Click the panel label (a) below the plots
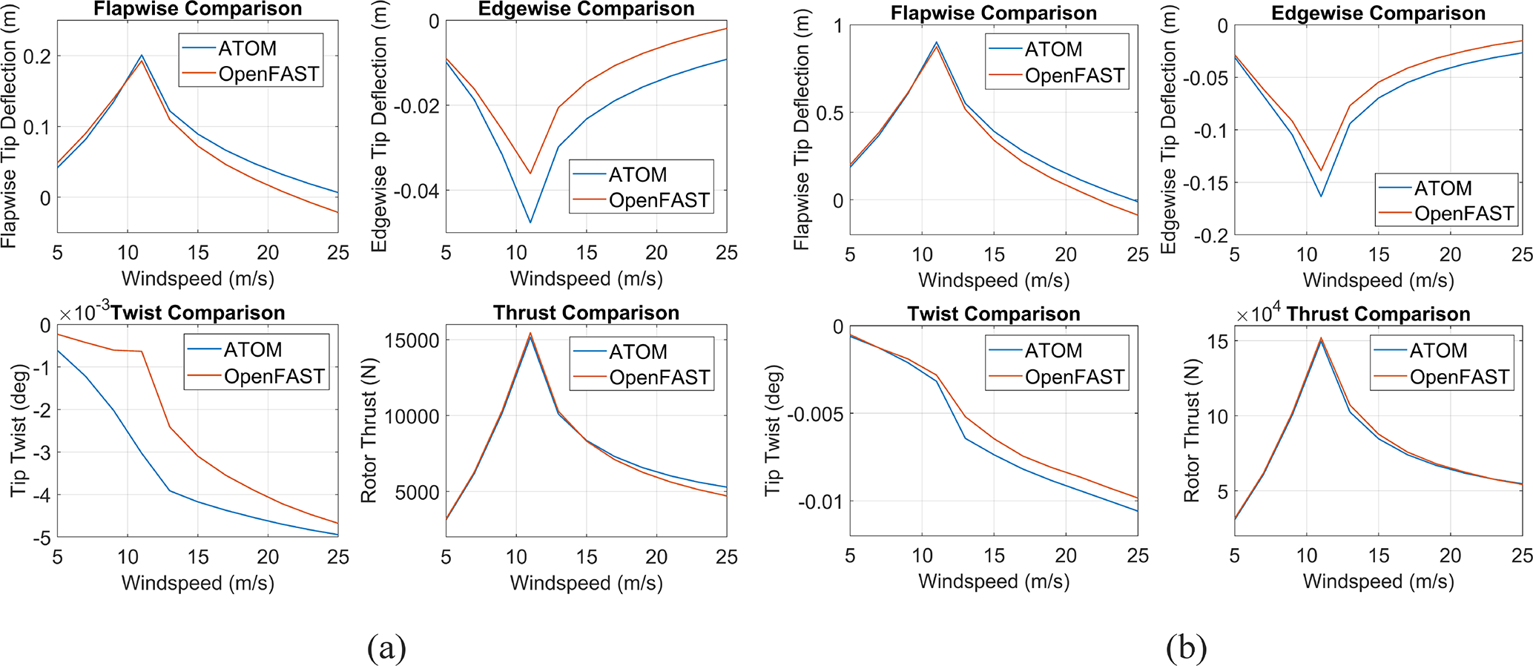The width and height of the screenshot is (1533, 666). coord(386,648)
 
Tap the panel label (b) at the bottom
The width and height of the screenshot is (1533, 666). coord(1186,648)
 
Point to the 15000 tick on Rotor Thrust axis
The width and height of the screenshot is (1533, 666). coord(412,341)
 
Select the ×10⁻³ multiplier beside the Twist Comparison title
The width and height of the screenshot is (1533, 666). coord(83,313)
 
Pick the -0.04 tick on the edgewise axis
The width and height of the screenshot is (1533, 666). coord(415,191)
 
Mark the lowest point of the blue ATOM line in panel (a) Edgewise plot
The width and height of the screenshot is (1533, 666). coord(530,222)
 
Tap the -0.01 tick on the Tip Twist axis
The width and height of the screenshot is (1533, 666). coord(820,502)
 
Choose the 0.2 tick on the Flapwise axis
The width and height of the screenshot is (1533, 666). coord(37,56)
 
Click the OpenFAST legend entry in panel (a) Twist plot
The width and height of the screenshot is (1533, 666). coord(274,377)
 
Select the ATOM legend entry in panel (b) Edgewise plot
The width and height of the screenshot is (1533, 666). coord(1443,188)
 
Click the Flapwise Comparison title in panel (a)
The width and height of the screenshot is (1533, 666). coord(197,9)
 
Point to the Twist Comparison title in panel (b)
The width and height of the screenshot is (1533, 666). coord(993,314)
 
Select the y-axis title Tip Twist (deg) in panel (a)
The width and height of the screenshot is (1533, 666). coord(19,429)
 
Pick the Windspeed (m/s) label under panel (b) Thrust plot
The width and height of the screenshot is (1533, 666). coord(1378,581)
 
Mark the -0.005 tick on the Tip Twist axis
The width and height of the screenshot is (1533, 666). coord(814,414)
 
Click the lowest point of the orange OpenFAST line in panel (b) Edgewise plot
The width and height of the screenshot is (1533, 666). coord(1321,171)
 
